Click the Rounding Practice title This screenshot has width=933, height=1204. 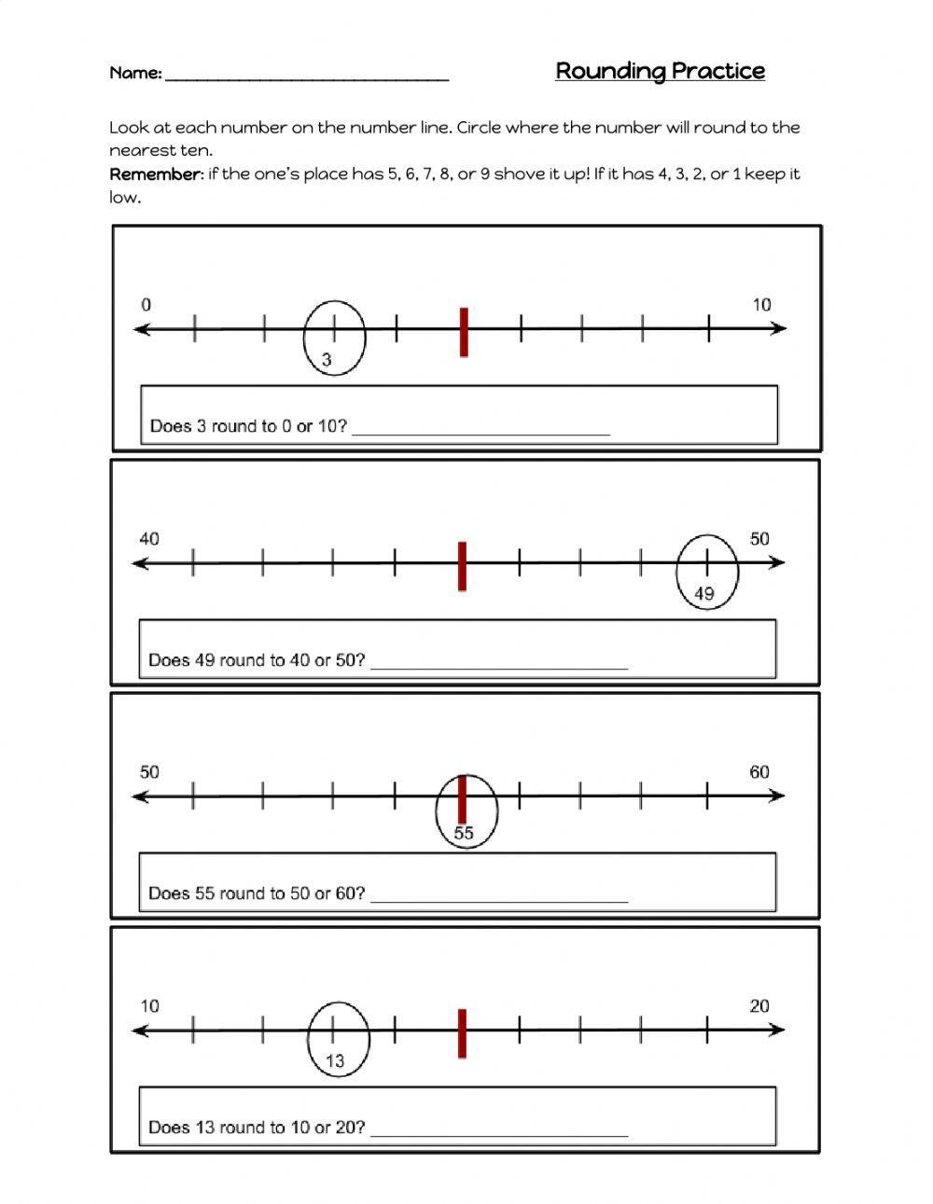[x=660, y=71]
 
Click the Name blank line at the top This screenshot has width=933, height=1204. [x=307, y=76]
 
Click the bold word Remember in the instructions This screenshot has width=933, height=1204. [x=155, y=174]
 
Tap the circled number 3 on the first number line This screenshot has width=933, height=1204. [x=327, y=359]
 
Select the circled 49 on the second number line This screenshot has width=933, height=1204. [x=704, y=593]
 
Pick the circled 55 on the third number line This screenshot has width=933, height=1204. [x=464, y=833]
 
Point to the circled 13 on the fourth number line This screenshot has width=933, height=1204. [x=335, y=1060]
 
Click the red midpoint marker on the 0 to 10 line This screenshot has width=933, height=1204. [x=464, y=331]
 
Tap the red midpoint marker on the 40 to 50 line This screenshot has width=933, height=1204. [x=462, y=565]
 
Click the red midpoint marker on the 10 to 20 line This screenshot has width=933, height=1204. [x=462, y=1032]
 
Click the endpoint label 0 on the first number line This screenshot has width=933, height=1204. [x=146, y=305]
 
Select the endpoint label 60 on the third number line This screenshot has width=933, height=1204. [x=759, y=772]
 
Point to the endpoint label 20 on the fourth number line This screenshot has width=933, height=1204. [x=759, y=1006]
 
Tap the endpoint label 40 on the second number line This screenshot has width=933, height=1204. [x=149, y=539]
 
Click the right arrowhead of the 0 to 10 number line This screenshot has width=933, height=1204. [x=779, y=328]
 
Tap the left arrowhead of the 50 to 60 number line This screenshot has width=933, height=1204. [x=141, y=796]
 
